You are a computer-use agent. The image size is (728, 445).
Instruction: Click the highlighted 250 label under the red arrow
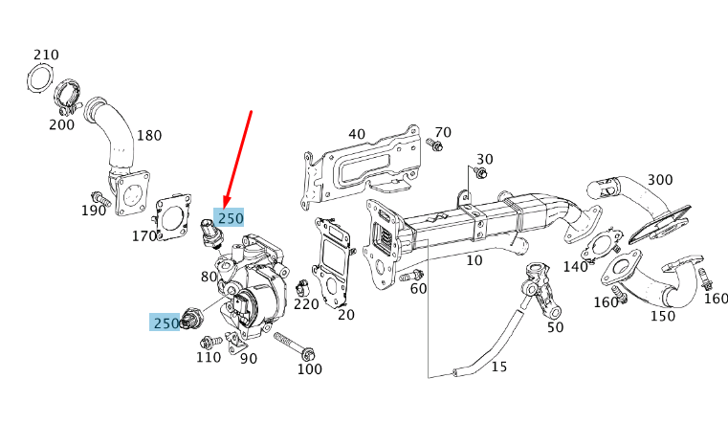231,218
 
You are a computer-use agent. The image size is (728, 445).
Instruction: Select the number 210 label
46,54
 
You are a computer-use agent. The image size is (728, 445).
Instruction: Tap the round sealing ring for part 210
37,78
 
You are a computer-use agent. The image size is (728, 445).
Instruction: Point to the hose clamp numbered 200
66,96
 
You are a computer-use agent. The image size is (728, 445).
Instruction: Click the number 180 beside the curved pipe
149,135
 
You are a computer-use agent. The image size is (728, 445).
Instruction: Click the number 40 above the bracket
357,134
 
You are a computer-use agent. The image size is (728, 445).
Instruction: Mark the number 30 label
485,159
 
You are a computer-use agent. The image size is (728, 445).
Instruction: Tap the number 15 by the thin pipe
499,366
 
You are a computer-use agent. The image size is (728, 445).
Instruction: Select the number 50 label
555,327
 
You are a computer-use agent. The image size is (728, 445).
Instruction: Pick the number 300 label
660,180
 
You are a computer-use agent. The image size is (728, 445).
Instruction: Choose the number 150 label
662,316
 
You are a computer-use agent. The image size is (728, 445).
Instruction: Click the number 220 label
306,304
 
